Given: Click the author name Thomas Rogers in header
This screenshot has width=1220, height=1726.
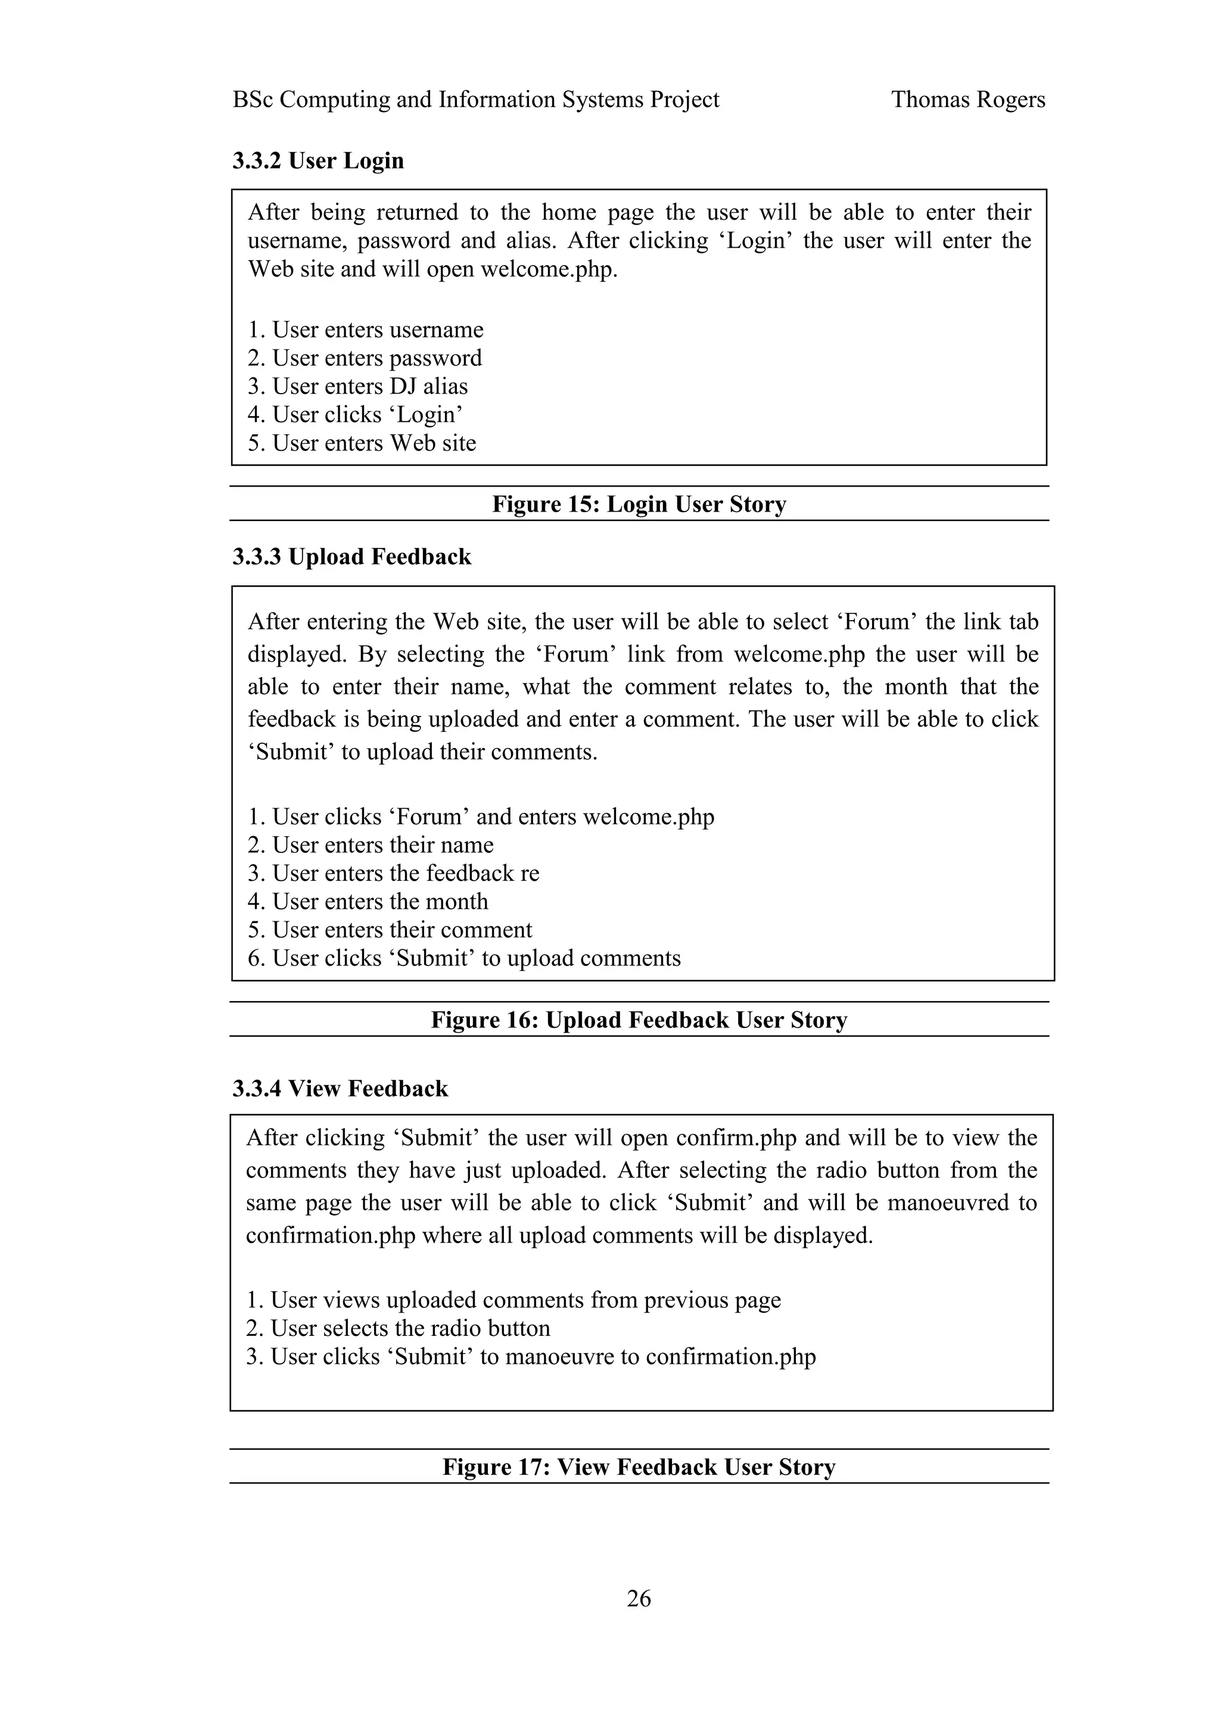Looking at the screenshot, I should click(967, 99).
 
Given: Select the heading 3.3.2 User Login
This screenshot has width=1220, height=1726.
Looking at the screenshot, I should click(318, 160).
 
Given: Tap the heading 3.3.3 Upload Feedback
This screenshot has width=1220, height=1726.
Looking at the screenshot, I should click(352, 556).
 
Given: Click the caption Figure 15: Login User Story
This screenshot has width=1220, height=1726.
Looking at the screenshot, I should click(639, 504).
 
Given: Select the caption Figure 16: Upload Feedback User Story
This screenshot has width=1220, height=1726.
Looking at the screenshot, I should click(639, 1020).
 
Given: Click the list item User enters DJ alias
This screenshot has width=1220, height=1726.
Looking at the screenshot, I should click(358, 386).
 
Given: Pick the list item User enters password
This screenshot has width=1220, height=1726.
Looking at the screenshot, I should click(365, 358).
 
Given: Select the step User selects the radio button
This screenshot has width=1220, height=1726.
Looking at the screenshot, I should click(399, 1328).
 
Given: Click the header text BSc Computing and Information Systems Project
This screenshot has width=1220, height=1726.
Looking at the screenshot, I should click(476, 99).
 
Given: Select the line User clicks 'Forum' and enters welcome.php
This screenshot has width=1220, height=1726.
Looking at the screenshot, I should click(481, 817).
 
